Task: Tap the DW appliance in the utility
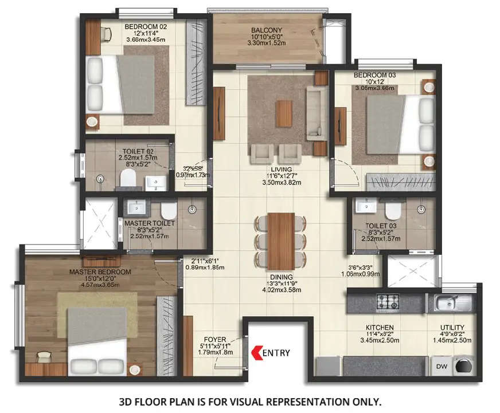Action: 442,365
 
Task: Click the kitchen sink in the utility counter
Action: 448,301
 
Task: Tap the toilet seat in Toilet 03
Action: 392,211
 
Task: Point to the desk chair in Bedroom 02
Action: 105,34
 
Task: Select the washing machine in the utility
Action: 462,365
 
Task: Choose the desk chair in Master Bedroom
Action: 44,357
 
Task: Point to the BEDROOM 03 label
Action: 373,75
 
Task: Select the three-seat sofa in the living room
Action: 314,112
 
